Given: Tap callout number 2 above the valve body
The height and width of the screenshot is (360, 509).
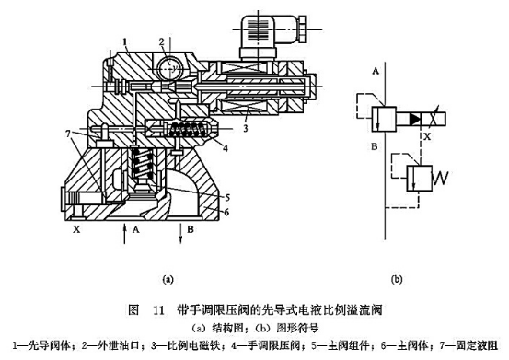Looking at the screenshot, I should [x=160, y=40].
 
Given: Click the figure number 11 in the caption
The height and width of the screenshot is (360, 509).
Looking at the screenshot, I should [x=160, y=309].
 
